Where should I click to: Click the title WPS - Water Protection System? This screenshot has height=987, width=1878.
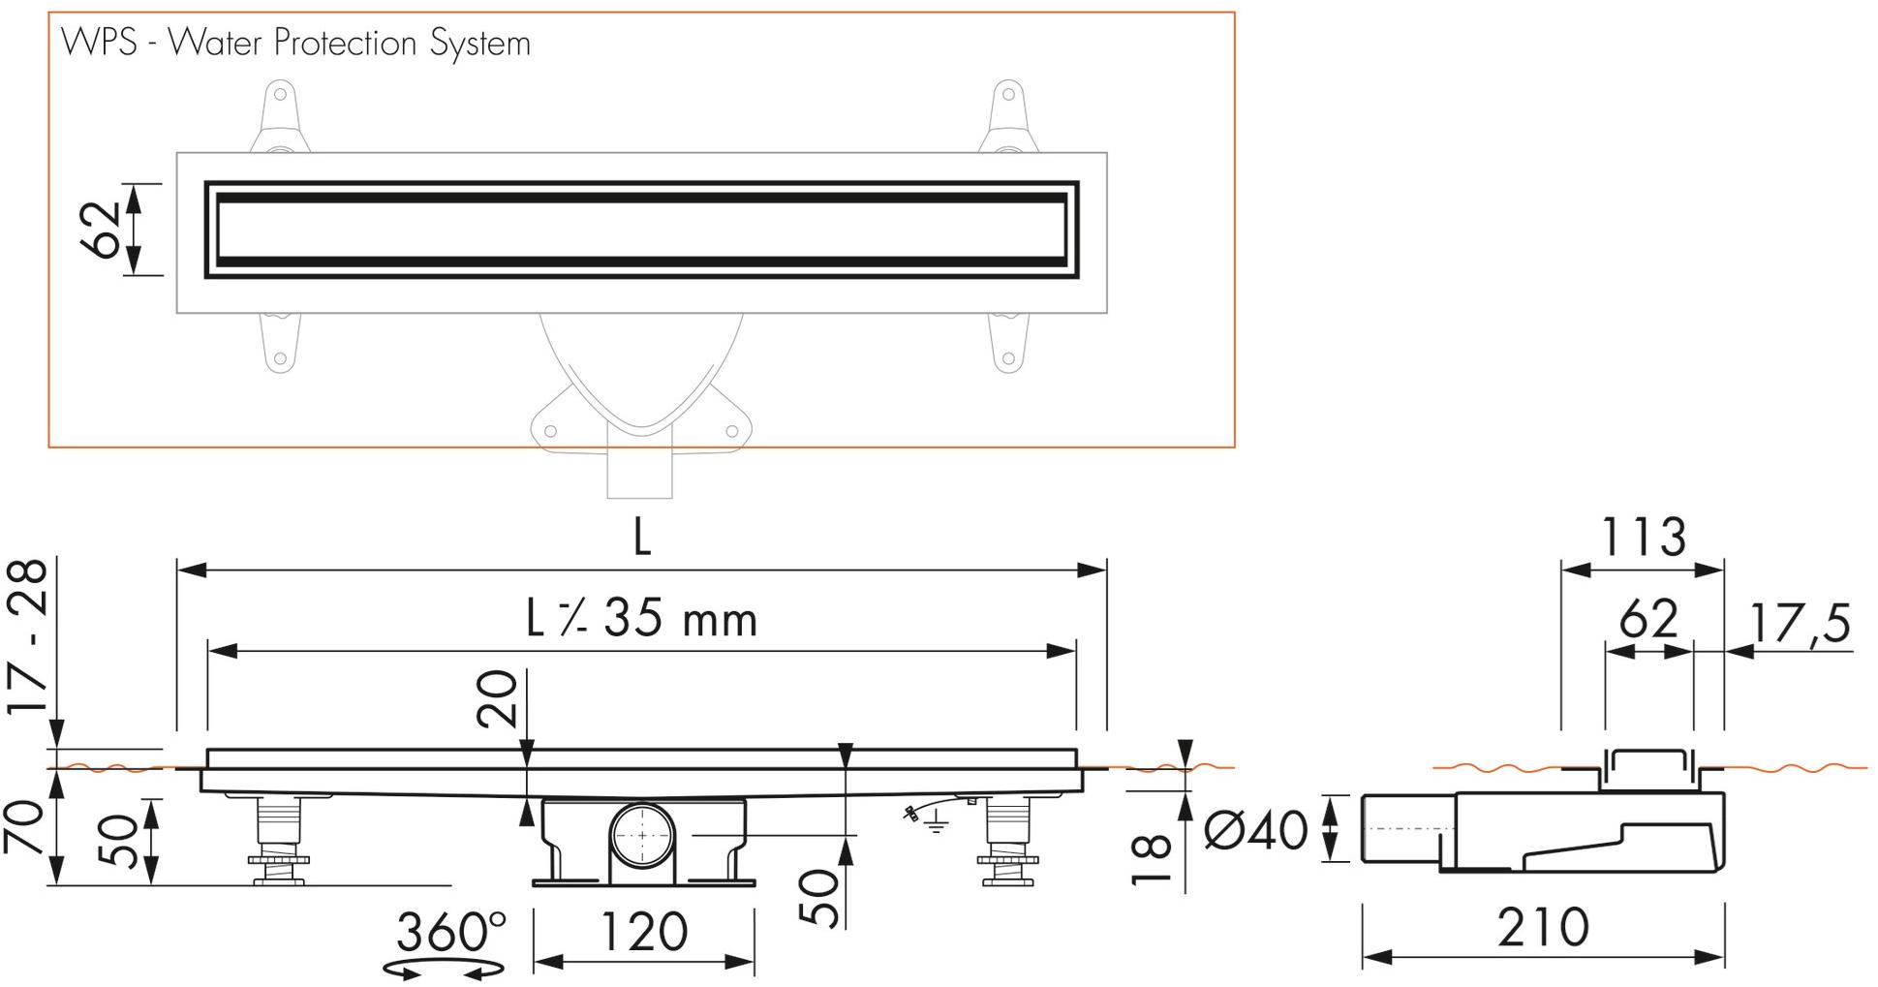(x=295, y=44)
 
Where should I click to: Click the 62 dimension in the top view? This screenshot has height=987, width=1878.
(x=103, y=230)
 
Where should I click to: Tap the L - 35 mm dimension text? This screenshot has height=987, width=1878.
(x=641, y=619)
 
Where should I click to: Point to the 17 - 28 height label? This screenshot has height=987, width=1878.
(x=29, y=636)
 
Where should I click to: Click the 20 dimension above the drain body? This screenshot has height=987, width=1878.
(x=498, y=699)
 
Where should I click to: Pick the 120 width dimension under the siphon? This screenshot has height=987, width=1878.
(x=643, y=932)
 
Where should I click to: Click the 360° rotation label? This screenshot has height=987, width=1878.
(x=450, y=932)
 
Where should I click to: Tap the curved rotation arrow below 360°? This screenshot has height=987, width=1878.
(x=445, y=968)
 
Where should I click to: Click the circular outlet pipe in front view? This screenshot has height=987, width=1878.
(x=642, y=834)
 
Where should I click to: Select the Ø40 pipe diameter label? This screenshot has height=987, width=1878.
(x=1255, y=830)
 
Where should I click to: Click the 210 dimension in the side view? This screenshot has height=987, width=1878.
(x=1543, y=928)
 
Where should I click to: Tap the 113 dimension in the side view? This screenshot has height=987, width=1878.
(x=1644, y=538)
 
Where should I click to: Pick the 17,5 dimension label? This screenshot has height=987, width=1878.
(x=1800, y=623)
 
